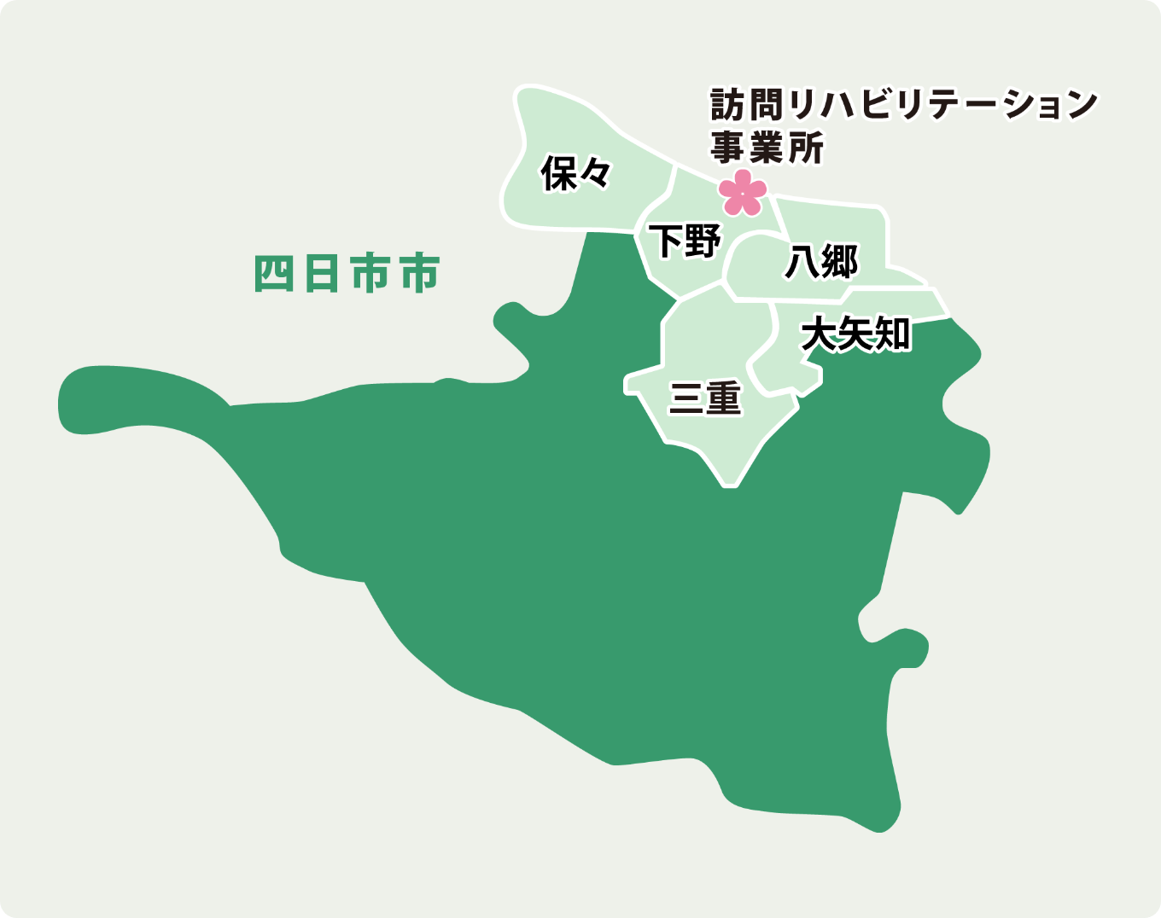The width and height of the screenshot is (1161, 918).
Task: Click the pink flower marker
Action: (x=743, y=193)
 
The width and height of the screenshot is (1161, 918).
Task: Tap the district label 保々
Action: (x=576, y=173)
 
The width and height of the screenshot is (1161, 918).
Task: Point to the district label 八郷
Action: (x=821, y=261)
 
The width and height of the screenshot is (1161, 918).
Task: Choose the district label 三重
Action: (x=705, y=398)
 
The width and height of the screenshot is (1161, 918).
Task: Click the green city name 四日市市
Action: (x=347, y=274)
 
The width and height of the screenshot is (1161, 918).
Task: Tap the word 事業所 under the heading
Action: (x=767, y=148)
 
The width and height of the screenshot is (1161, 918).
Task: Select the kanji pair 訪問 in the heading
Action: (x=749, y=105)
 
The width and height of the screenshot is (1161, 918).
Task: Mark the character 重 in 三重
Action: (x=724, y=398)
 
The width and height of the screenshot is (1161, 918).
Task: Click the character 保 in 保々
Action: (x=559, y=173)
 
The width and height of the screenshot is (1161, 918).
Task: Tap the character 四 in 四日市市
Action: (x=275, y=274)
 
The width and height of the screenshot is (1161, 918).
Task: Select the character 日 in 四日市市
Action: (x=323, y=274)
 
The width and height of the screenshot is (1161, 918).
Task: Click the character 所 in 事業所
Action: (x=806, y=148)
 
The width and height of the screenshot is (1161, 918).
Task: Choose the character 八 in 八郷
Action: (x=802, y=261)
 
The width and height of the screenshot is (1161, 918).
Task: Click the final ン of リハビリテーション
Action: (x=1081, y=105)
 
